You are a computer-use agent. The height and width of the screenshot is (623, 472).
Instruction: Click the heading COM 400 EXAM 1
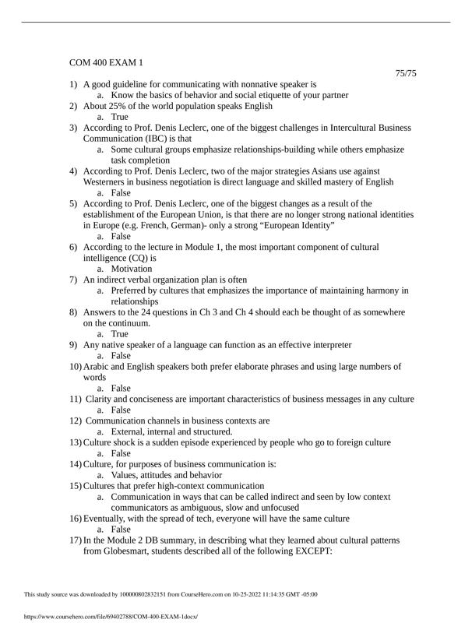pos(107,62)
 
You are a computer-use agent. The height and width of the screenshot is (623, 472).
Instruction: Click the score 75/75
pos(406,73)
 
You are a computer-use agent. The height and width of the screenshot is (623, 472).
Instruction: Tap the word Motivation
pos(132,269)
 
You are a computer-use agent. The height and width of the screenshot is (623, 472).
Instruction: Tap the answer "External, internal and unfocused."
pos(171,431)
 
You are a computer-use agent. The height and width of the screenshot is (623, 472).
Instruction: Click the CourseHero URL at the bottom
pos(101,614)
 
